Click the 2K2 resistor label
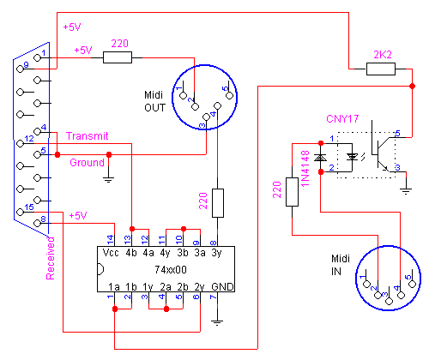pos(383,54)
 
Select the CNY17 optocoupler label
pos(342,118)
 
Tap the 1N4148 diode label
pos(305,169)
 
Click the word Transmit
pos(88,136)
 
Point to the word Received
pos(50,258)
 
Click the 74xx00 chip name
pos(171,269)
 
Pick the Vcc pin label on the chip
pos(111,253)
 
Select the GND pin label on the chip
pos(222,286)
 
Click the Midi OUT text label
pos(154,101)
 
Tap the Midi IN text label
pos(341,265)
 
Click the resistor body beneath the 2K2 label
pos(381,69)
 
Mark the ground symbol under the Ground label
pos(109,180)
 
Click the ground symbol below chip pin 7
pos(217,323)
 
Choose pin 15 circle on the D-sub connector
pos(20,212)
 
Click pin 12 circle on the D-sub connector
pos(20,143)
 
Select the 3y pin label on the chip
pos(216,253)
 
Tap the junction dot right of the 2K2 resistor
pos(412,86)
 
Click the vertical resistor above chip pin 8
pos(218,203)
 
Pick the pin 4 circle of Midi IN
pos(401,295)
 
